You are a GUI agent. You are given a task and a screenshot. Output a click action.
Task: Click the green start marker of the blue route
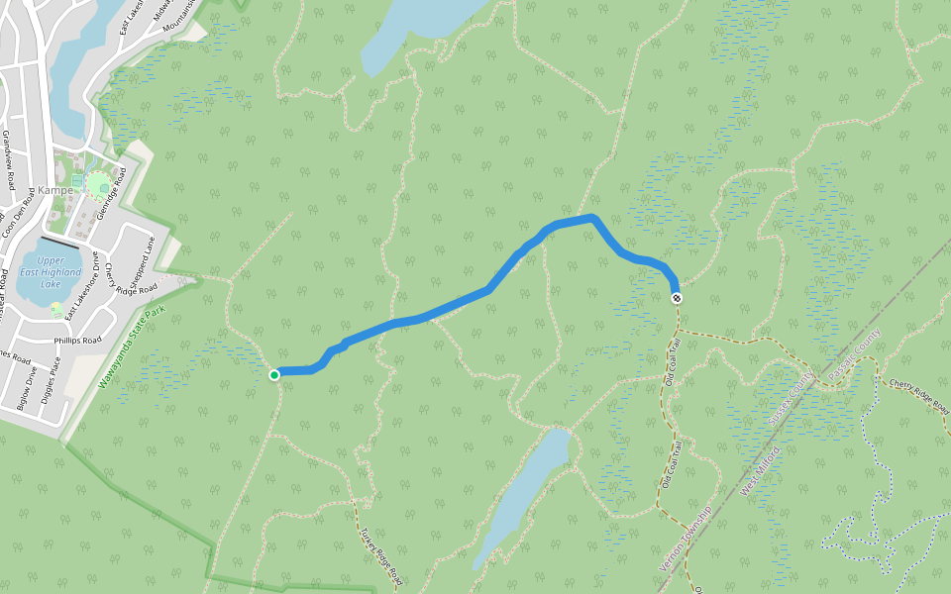pyautogui.click(x=274, y=374)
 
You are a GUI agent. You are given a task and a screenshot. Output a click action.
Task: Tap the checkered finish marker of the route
pyautogui.click(x=677, y=298)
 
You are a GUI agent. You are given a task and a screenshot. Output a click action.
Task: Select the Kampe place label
pyautogui.click(x=55, y=189)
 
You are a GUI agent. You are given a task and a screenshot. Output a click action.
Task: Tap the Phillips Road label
pyautogui.click(x=78, y=340)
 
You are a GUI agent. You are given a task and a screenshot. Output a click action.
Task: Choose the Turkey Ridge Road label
pyautogui.click(x=380, y=554)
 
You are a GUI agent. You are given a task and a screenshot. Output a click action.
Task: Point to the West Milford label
pyautogui.click(x=761, y=471)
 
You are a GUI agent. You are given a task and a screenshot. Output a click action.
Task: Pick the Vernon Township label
pyautogui.click(x=686, y=540)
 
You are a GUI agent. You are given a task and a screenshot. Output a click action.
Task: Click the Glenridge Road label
pyautogui.click(x=111, y=194)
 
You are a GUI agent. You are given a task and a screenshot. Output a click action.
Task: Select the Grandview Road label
pyautogui.click(x=7, y=158)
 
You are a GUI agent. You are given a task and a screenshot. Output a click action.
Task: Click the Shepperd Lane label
pyautogui.click(x=145, y=258)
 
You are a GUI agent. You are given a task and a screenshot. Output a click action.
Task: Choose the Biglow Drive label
pyautogui.click(x=26, y=387)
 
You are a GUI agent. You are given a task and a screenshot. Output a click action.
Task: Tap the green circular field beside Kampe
pyautogui.click(x=99, y=185)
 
